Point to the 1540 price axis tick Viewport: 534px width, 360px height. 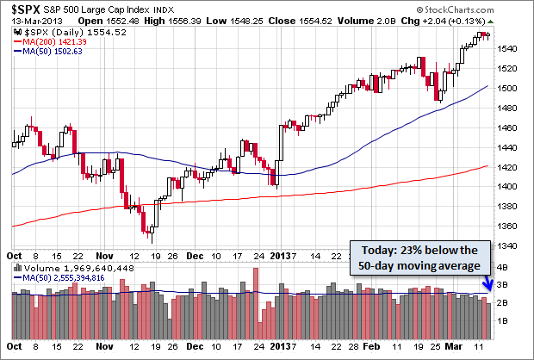(508, 48)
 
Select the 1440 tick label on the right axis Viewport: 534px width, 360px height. (508, 147)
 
